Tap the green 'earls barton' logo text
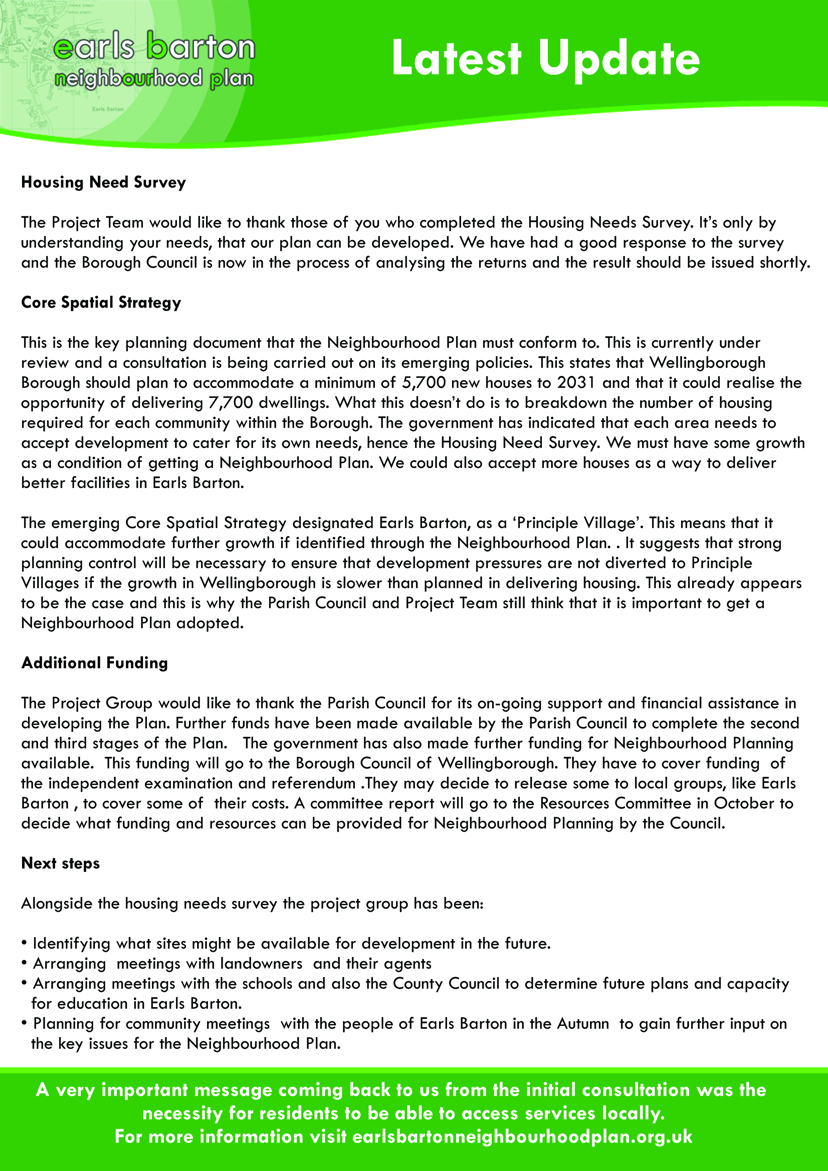[x=154, y=47]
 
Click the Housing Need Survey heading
[x=103, y=182]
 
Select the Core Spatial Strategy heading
[x=101, y=302]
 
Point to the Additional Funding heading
[x=94, y=663]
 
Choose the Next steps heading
[x=60, y=864]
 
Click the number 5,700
[x=424, y=383]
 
